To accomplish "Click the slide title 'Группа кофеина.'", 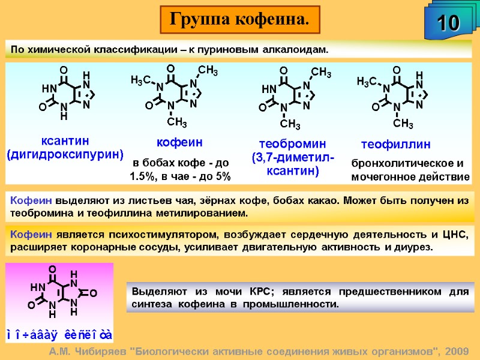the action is [x=239, y=19].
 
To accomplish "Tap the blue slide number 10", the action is [x=447, y=23].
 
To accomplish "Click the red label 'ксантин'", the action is [x=65, y=141].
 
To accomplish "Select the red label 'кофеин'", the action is [x=179, y=142].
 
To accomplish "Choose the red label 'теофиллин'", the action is [x=397, y=145].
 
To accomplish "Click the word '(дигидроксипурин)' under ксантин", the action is [x=65, y=155].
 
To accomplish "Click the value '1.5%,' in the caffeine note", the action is [x=143, y=177].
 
